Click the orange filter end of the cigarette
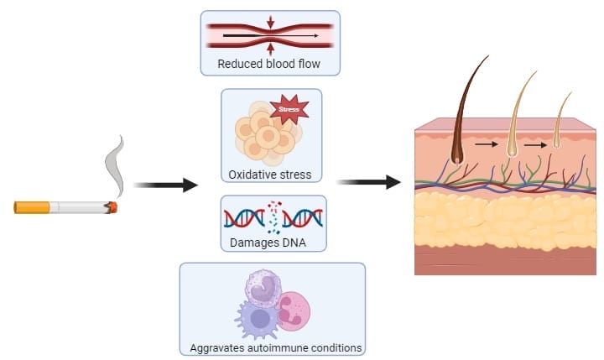pyautogui.click(x=32, y=207)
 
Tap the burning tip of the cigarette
pyautogui.click(x=112, y=206)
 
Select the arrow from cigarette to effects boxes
pyautogui.click(x=165, y=185)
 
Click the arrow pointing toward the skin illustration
pyautogui.click(x=368, y=181)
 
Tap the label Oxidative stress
pyautogui.click(x=270, y=175)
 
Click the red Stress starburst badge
pyautogui.click(x=288, y=109)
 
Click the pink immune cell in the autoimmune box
pyautogui.click(x=295, y=310)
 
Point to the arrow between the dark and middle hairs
pyautogui.click(x=485, y=145)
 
